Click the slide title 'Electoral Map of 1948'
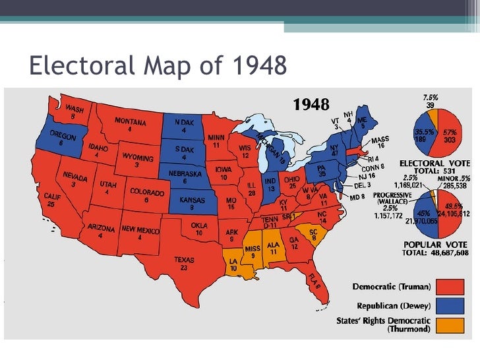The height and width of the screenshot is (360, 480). [x=158, y=65]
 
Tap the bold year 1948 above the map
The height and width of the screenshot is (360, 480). [x=315, y=104]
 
